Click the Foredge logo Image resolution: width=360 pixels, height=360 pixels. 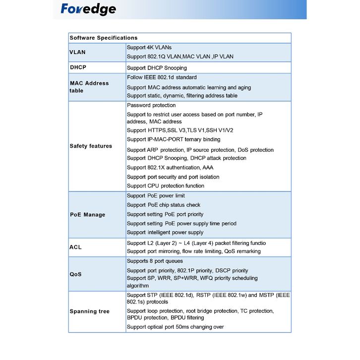tap(88, 9)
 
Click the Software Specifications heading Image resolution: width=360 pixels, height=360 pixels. tap(104, 38)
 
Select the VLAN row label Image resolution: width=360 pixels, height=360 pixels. tap(77, 52)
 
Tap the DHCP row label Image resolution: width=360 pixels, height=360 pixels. tap(78, 67)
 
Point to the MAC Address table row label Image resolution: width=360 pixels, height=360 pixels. tap(89, 87)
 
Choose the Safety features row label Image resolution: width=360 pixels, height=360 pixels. tap(91, 146)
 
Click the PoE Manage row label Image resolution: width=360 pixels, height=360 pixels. tap(87, 215)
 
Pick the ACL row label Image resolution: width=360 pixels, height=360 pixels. tap(75, 247)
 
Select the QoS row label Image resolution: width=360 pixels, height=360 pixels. tap(75, 274)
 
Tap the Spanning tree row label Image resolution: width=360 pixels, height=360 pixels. tap(89, 311)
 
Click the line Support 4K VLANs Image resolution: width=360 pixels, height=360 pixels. tap(149, 48)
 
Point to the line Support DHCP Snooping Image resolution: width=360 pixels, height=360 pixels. tap(157, 68)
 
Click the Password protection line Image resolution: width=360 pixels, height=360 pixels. tap(151, 105)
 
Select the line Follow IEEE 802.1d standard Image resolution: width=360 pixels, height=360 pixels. tap(162, 77)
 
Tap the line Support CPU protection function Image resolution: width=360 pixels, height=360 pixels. tap(165, 186)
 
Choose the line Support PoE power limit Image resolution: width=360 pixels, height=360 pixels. tap(156, 196)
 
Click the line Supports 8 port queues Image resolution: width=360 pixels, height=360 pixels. tap(155, 261)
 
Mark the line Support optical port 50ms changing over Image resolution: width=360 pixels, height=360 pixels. tap(175, 327)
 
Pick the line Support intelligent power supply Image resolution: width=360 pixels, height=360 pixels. tap(165, 233)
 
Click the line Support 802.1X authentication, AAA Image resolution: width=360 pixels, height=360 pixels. tap(170, 168)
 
